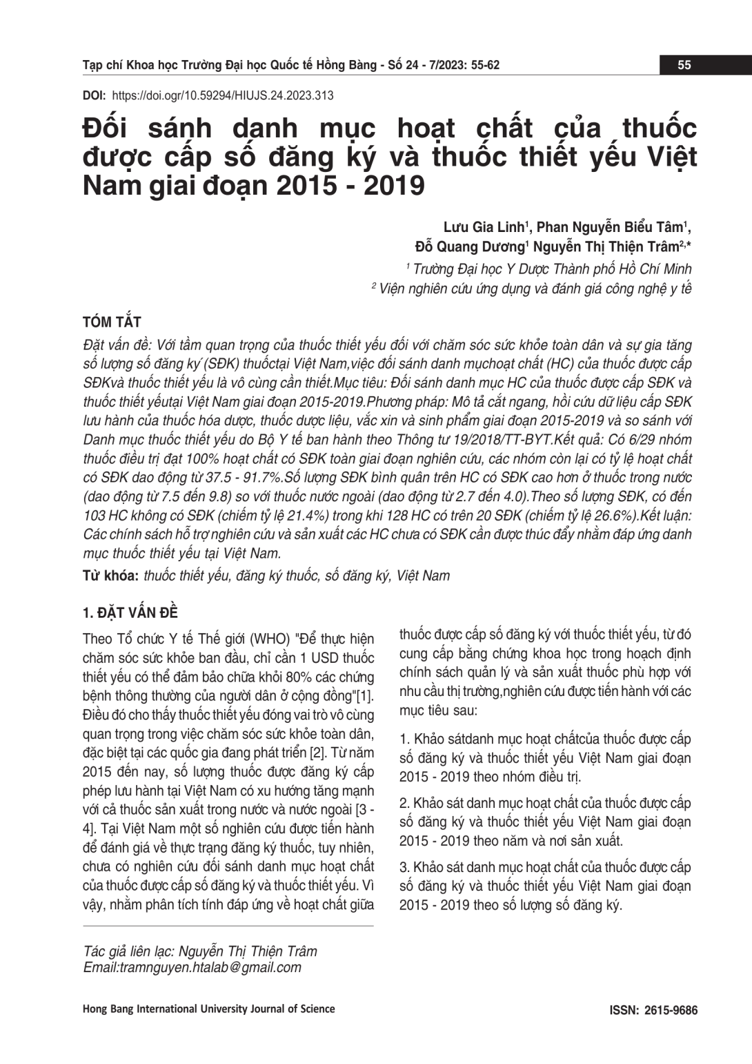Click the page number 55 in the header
click(684, 66)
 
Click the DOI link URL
click(222, 96)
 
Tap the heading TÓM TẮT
click(111, 322)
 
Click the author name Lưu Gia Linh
click(484, 227)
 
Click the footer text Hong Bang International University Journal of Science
click(208, 1009)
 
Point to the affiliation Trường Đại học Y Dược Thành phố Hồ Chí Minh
click(552, 269)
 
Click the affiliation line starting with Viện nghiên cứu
click(535, 289)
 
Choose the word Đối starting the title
click(108, 129)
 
